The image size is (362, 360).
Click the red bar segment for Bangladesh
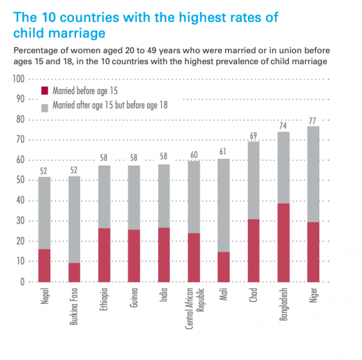pyautogui.click(x=284, y=243)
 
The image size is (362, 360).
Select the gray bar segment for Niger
pyautogui.click(x=313, y=174)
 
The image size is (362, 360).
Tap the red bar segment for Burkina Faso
pyautogui.click(x=74, y=272)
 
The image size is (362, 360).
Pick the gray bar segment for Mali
pyautogui.click(x=223, y=205)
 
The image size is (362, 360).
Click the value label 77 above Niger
pyautogui.click(x=313, y=121)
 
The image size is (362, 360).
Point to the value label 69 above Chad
pyautogui.click(x=253, y=136)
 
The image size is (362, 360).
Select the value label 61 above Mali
pyautogui.click(x=223, y=152)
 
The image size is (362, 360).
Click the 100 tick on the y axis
pyautogui.click(x=19, y=79)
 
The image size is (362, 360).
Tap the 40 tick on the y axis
pyautogui.click(x=21, y=201)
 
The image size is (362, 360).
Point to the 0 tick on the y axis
pyautogui.click(x=22, y=282)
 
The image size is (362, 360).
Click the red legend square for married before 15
pyautogui.click(x=45, y=91)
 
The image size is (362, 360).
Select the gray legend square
pyautogui.click(x=45, y=108)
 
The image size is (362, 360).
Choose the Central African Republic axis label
pyautogui.click(x=195, y=308)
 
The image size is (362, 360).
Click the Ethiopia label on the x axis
pyautogui.click(x=104, y=299)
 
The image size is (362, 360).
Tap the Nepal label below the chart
pyautogui.click(x=45, y=296)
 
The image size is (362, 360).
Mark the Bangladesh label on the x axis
pyautogui.click(x=284, y=304)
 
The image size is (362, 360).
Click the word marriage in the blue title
pyautogui.click(x=77, y=33)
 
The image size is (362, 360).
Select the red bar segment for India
pyautogui.click(x=164, y=255)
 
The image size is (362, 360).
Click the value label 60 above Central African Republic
pyautogui.click(x=194, y=155)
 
